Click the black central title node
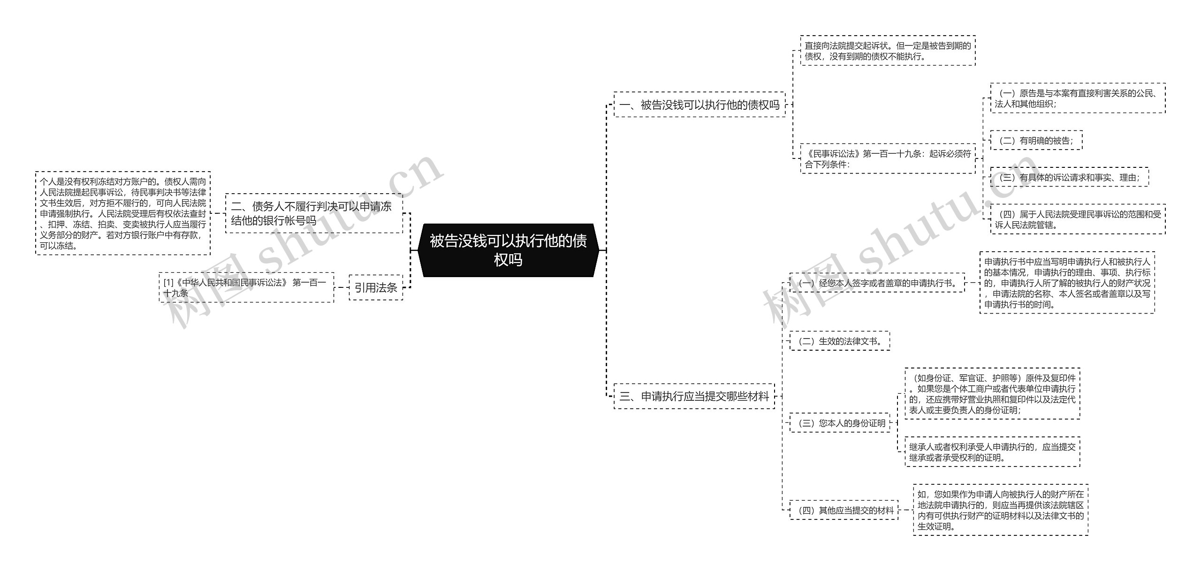pos(508,250)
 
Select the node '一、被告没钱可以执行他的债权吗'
pos(699,105)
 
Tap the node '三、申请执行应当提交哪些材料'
pos(694,396)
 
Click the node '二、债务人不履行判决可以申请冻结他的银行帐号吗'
pos(314,213)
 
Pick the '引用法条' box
pos(376,287)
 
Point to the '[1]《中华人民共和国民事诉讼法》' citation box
pos(246,287)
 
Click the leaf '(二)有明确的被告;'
pos(1036,140)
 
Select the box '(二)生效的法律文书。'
pos(840,341)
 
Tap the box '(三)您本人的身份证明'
pos(840,422)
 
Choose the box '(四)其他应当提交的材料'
pos(844,510)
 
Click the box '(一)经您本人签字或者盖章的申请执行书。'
pos(877,283)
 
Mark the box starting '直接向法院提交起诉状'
pos(888,51)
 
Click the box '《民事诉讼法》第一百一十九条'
pos(888,158)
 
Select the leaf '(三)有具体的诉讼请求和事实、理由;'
pos(1069,177)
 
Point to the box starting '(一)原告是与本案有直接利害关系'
pos(1078,98)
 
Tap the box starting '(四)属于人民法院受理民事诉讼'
pos(1078,219)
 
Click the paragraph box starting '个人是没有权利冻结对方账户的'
pos(123,213)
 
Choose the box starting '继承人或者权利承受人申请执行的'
pos(992,451)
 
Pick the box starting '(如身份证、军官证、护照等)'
pos(992,393)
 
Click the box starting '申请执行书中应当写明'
pos(1067,283)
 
